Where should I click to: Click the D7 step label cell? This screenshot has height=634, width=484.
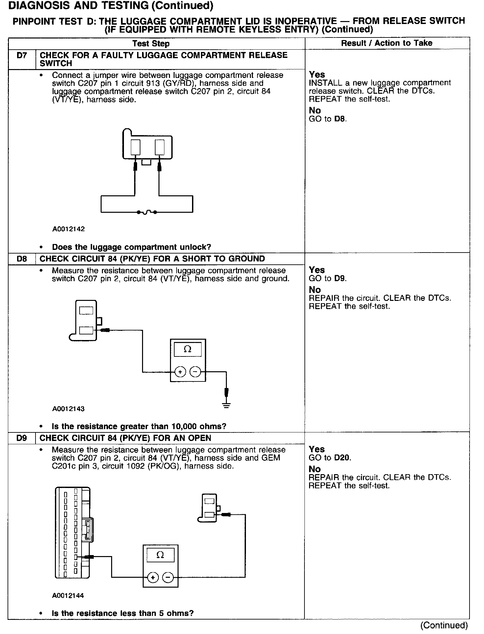(x=22, y=56)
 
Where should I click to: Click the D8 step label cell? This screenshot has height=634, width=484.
(x=22, y=259)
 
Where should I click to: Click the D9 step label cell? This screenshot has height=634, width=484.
(x=22, y=438)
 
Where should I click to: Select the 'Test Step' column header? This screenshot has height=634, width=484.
(x=151, y=44)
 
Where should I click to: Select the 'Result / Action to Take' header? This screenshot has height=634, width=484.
(x=387, y=43)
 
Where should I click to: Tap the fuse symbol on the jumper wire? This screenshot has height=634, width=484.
(x=147, y=212)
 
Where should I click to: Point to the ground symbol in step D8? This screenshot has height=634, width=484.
(x=226, y=405)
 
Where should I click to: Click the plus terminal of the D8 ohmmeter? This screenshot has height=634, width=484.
(x=180, y=372)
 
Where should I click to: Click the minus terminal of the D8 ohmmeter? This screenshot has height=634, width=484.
(x=195, y=372)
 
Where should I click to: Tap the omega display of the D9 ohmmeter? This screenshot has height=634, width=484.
(x=160, y=555)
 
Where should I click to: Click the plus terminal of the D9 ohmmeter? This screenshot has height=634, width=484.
(x=153, y=577)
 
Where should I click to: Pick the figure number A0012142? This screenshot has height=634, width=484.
(x=68, y=229)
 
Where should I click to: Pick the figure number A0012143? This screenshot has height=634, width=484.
(x=68, y=409)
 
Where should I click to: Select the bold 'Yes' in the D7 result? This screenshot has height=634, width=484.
(x=317, y=75)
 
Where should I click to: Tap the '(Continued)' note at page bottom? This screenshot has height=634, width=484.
(x=444, y=625)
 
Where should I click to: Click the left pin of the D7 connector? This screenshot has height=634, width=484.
(x=135, y=147)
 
